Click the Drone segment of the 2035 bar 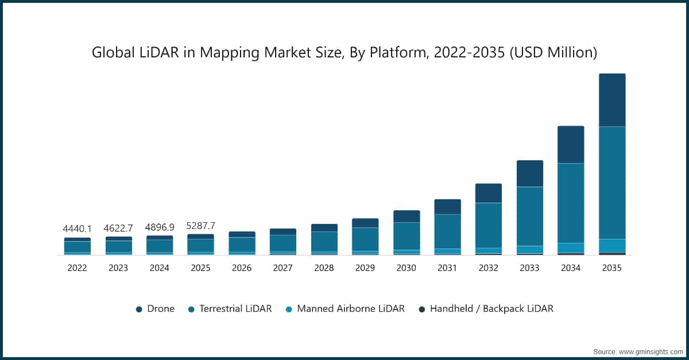[612, 100]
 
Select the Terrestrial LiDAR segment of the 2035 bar [612, 183]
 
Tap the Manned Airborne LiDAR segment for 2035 [612, 245]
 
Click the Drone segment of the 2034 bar [571, 145]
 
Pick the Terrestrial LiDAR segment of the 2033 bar [529, 216]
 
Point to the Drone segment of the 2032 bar [488, 193]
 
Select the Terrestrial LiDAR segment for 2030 [407, 236]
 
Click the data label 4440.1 [77, 229]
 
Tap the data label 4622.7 [118, 228]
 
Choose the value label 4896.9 [160, 227]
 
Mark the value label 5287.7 [200, 225]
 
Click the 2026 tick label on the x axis [242, 268]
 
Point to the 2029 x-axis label [365, 268]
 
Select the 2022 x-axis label [77, 268]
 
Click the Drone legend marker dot [139, 309]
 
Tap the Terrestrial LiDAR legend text [235, 309]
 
